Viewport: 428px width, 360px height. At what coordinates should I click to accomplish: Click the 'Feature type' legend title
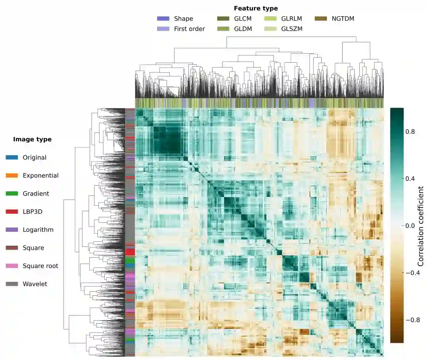coord(255,8)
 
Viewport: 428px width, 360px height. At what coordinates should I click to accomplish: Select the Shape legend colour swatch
coord(163,19)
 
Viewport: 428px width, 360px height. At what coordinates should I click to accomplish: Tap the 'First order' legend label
coord(189,29)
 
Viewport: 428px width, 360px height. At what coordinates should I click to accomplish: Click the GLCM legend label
coord(243,19)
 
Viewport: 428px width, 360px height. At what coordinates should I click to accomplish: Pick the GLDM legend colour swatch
coord(223,29)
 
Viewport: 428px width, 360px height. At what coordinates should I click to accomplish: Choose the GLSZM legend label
coord(292,29)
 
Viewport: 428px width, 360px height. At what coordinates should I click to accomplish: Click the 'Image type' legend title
coord(32,139)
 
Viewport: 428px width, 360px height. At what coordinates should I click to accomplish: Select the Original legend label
coord(35,158)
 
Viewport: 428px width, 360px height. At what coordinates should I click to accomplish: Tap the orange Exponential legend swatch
coord(12,175)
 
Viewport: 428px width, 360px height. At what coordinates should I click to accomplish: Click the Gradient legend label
coord(36,194)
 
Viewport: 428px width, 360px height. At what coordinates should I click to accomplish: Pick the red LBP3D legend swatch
coord(12,212)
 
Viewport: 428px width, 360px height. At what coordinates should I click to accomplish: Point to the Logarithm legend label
coord(38,230)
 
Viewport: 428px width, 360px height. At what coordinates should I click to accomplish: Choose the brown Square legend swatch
coord(12,248)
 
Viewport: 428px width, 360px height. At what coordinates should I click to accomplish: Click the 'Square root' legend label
coord(40,266)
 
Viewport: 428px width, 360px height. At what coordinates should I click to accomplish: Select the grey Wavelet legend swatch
coord(12,284)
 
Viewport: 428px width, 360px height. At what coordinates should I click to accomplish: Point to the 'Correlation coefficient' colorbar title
coord(421,225)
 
